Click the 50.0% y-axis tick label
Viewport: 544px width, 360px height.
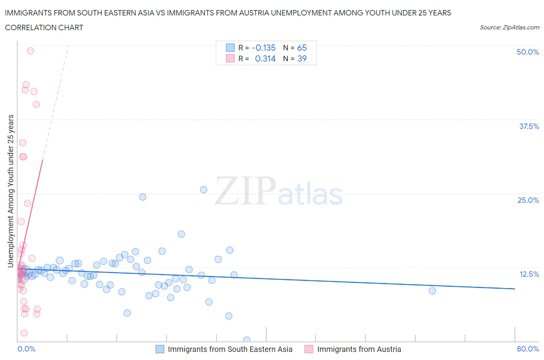point(528,52)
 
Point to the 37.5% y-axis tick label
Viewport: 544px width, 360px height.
point(529,126)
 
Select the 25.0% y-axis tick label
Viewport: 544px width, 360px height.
point(528,200)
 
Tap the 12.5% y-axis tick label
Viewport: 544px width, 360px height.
point(529,274)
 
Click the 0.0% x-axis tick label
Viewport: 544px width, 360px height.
point(26,349)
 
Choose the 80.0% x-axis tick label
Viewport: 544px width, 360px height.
point(528,349)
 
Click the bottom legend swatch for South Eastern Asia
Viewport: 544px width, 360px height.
point(160,349)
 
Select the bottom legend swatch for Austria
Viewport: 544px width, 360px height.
point(309,349)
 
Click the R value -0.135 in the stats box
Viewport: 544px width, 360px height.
point(263,48)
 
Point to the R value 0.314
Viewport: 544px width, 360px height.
point(265,58)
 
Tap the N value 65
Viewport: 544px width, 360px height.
point(302,48)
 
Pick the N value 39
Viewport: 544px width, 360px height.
point(302,58)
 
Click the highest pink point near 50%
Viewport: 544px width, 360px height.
point(30,51)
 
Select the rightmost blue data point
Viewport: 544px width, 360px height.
point(432,291)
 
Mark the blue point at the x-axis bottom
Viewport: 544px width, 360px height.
point(246,340)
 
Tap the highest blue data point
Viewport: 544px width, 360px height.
point(204,190)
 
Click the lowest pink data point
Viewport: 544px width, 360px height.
point(24,333)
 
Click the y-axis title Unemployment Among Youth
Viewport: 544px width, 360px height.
point(10,191)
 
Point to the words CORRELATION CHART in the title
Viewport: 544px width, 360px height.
point(44,27)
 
